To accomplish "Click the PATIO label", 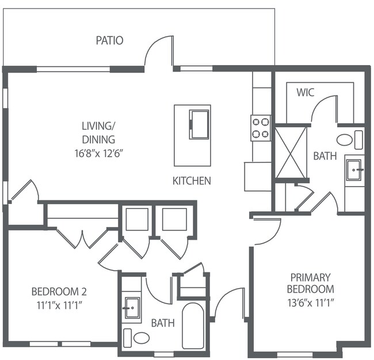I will [109, 41].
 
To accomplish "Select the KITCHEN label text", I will [192, 181].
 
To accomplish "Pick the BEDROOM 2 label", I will [59, 291].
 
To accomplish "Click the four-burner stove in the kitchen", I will [261, 128].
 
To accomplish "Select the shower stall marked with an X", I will [291, 153].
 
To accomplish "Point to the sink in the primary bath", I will [353, 169].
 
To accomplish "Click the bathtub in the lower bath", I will [192, 325].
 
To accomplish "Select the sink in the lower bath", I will [131, 308].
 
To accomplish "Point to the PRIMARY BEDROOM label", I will [311, 283].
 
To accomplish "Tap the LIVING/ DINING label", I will [98, 133].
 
